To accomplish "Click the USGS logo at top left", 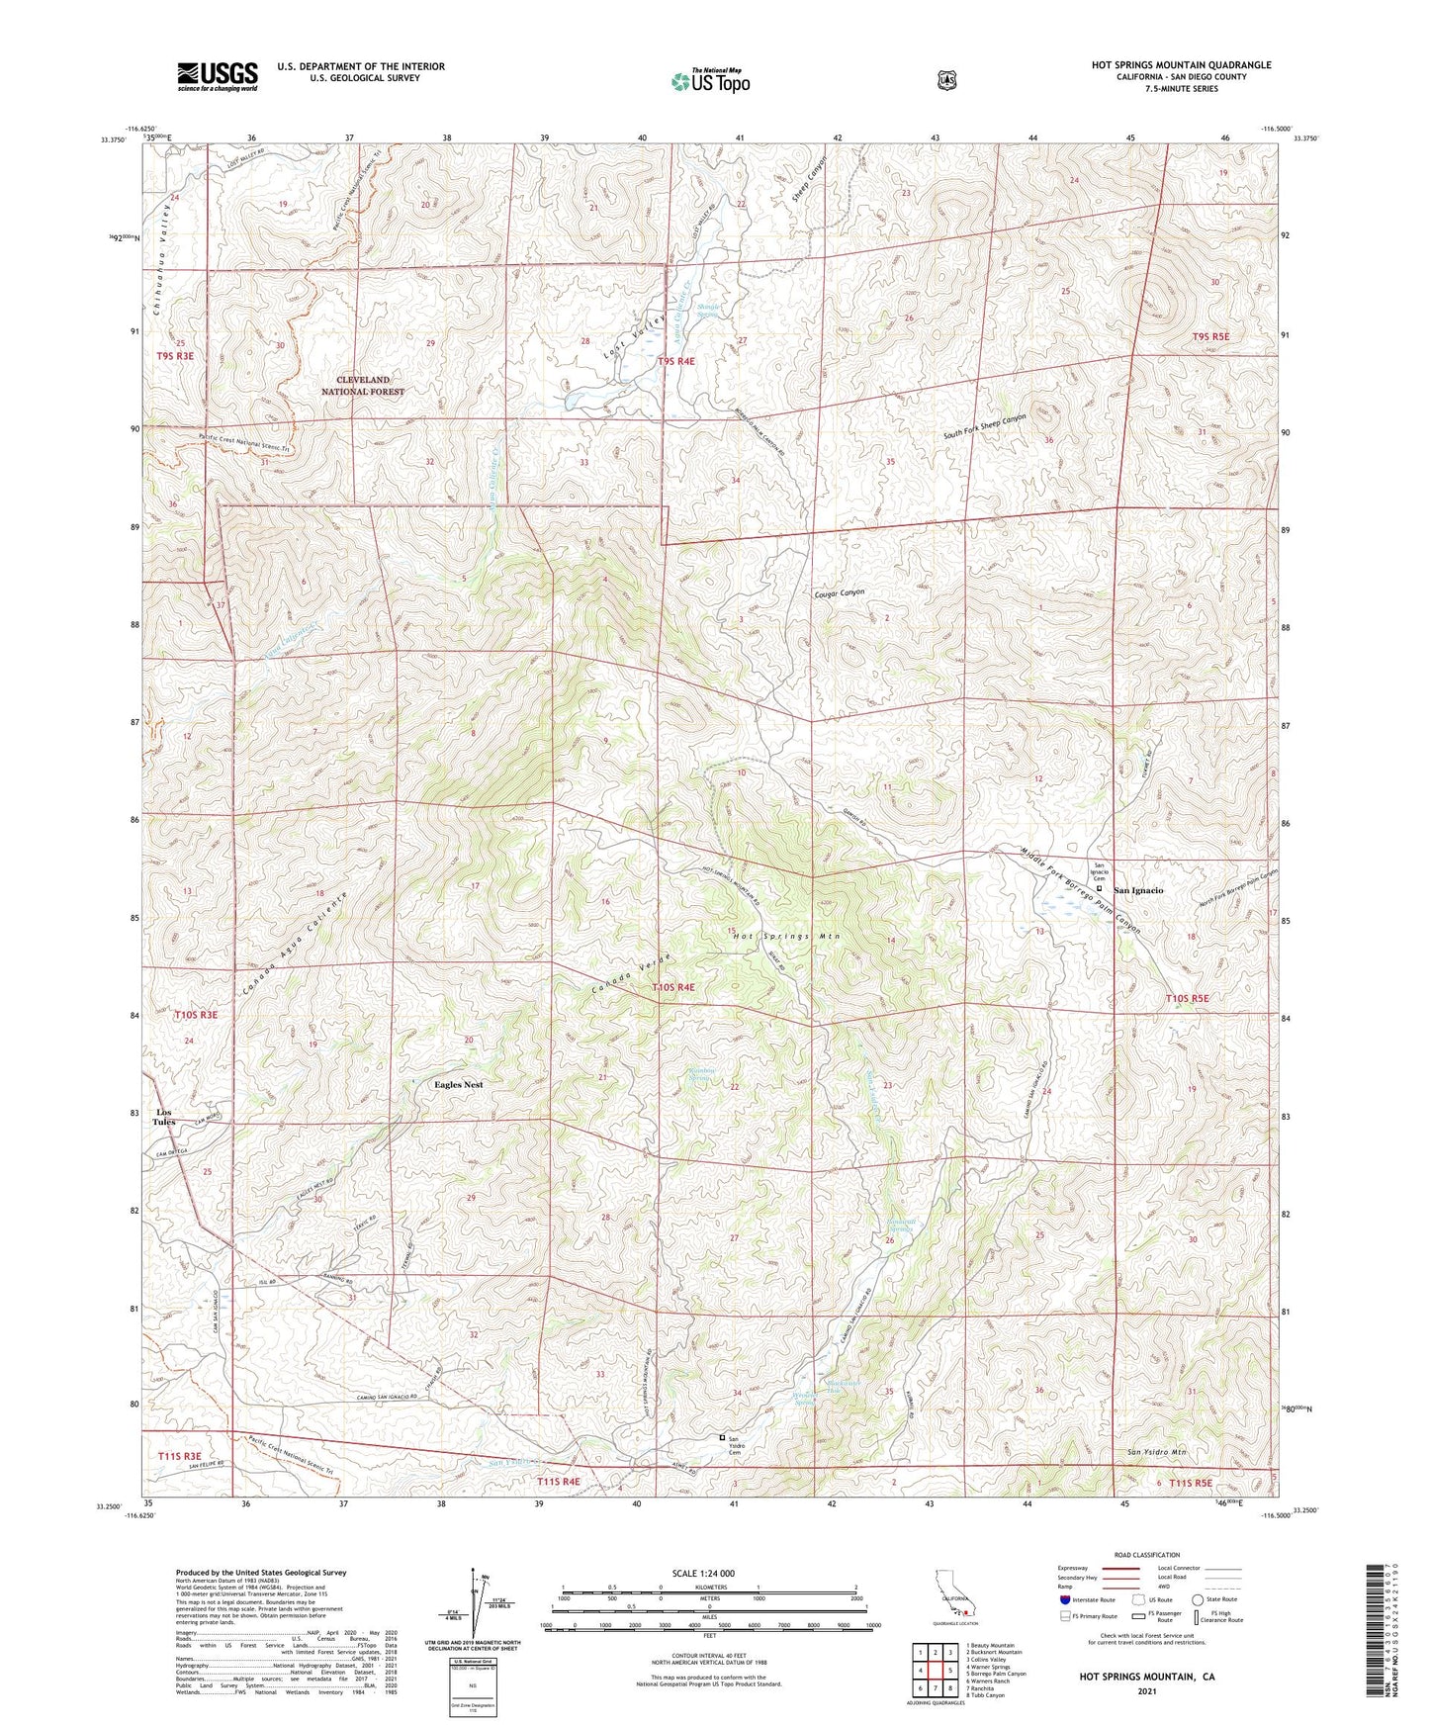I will point(218,76).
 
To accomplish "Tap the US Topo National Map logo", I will point(709,80).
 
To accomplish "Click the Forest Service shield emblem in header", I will point(946,80).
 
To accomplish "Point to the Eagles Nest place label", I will point(459,1085).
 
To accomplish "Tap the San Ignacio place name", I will point(1138,891).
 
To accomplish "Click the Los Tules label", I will point(163,1118).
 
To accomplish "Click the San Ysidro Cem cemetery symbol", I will point(722,1437).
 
